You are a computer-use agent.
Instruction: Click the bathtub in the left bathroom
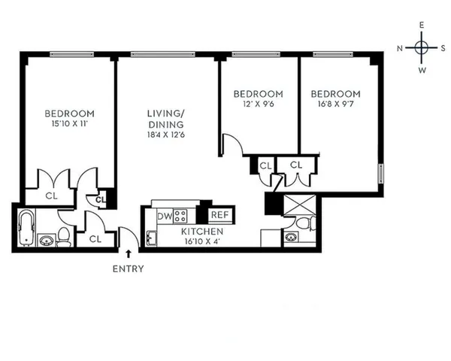pyautogui.click(x=26, y=228)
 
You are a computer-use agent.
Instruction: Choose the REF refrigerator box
pyautogui.click(x=217, y=215)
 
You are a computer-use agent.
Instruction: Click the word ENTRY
pyautogui.click(x=128, y=268)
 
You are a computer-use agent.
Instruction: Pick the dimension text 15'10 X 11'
pyautogui.click(x=68, y=124)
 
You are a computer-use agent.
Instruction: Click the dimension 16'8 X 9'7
pyautogui.click(x=335, y=105)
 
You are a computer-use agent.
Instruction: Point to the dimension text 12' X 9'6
pyautogui.click(x=258, y=105)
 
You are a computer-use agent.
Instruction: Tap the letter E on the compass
pyautogui.click(x=422, y=26)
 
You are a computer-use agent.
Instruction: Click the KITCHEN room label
pyautogui.click(x=202, y=232)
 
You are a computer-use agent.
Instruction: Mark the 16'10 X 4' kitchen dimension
pyautogui.click(x=202, y=242)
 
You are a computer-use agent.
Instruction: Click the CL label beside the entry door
pyautogui.click(x=95, y=238)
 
